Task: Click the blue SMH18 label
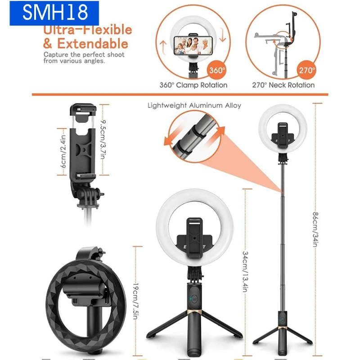click(x=54, y=13)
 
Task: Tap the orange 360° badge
click(x=217, y=70)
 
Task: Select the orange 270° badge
click(x=306, y=70)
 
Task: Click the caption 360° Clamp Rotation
click(x=193, y=85)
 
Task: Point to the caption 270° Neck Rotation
click(x=283, y=85)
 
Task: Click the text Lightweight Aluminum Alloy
click(x=194, y=105)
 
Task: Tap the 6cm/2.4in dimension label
click(x=63, y=152)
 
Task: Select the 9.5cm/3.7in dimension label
click(x=103, y=139)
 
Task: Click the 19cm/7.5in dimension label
click(x=136, y=301)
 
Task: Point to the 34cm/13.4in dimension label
click(x=245, y=272)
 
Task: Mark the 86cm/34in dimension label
click(x=316, y=229)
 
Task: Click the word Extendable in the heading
click(x=93, y=44)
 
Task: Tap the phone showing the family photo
click(x=193, y=46)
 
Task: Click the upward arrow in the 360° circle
click(x=163, y=48)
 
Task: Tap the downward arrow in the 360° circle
click(x=222, y=35)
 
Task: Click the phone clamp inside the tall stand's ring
click(x=283, y=135)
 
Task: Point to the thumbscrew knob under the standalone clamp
click(x=99, y=193)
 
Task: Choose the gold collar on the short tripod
click(x=194, y=312)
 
